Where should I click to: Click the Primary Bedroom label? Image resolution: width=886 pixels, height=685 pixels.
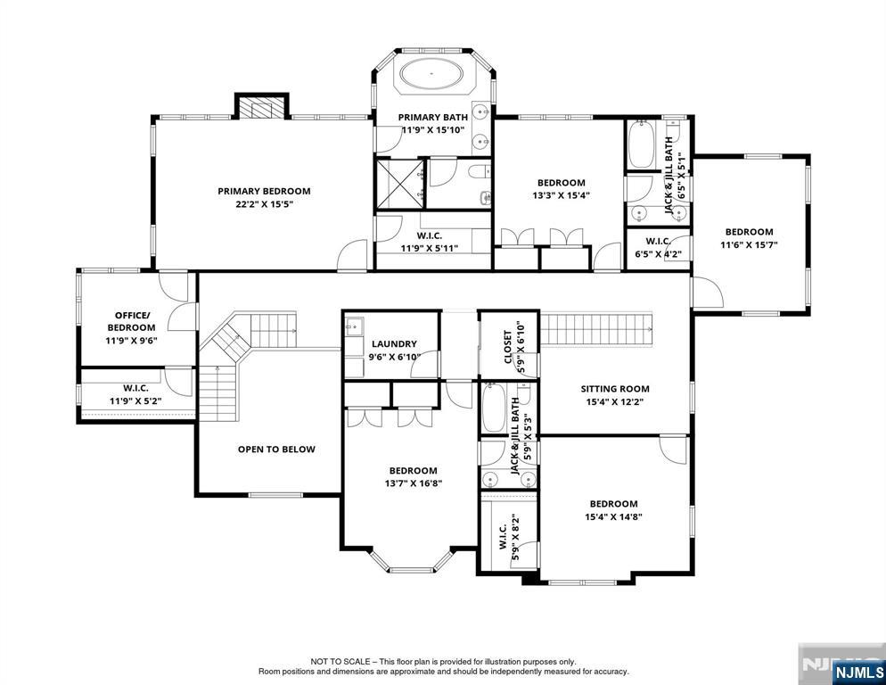tap(264, 191)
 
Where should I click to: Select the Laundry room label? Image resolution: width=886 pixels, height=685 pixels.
tap(394, 344)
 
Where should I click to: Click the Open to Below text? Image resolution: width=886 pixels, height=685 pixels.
tap(276, 450)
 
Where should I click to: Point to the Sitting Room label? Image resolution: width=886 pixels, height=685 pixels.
tap(615, 389)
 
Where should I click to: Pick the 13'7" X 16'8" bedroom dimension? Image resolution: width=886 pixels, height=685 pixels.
tap(412, 483)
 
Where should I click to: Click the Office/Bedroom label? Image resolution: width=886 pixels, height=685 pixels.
tap(131, 321)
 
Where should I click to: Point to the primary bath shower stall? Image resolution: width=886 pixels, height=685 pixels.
tap(398, 183)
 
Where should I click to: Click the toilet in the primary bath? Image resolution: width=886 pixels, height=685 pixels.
tap(476, 171)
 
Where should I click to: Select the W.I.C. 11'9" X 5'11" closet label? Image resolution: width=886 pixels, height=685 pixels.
tap(429, 243)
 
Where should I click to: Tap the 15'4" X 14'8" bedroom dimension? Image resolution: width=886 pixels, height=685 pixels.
tap(613, 516)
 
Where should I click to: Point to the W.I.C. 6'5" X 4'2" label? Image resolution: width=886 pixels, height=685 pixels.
tap(658, 247)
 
